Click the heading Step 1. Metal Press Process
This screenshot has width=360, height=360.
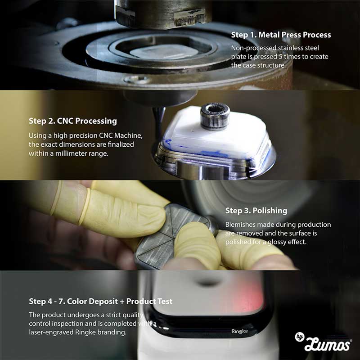pos(281,35)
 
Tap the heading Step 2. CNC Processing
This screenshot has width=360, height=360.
pos(73,121)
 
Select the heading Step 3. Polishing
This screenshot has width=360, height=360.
pos(256,211)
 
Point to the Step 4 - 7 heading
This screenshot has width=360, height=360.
pos(100,301)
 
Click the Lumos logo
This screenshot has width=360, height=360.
pos(323,342)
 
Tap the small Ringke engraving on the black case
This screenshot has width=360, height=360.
pos(239,331)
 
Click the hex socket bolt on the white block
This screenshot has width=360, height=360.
pos(215,116)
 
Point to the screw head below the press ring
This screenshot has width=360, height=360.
pos(137,80)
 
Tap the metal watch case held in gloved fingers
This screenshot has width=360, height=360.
pos(175,237)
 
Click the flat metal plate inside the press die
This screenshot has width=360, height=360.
pos(164,52)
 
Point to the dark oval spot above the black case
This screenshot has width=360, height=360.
pos(208,282)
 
